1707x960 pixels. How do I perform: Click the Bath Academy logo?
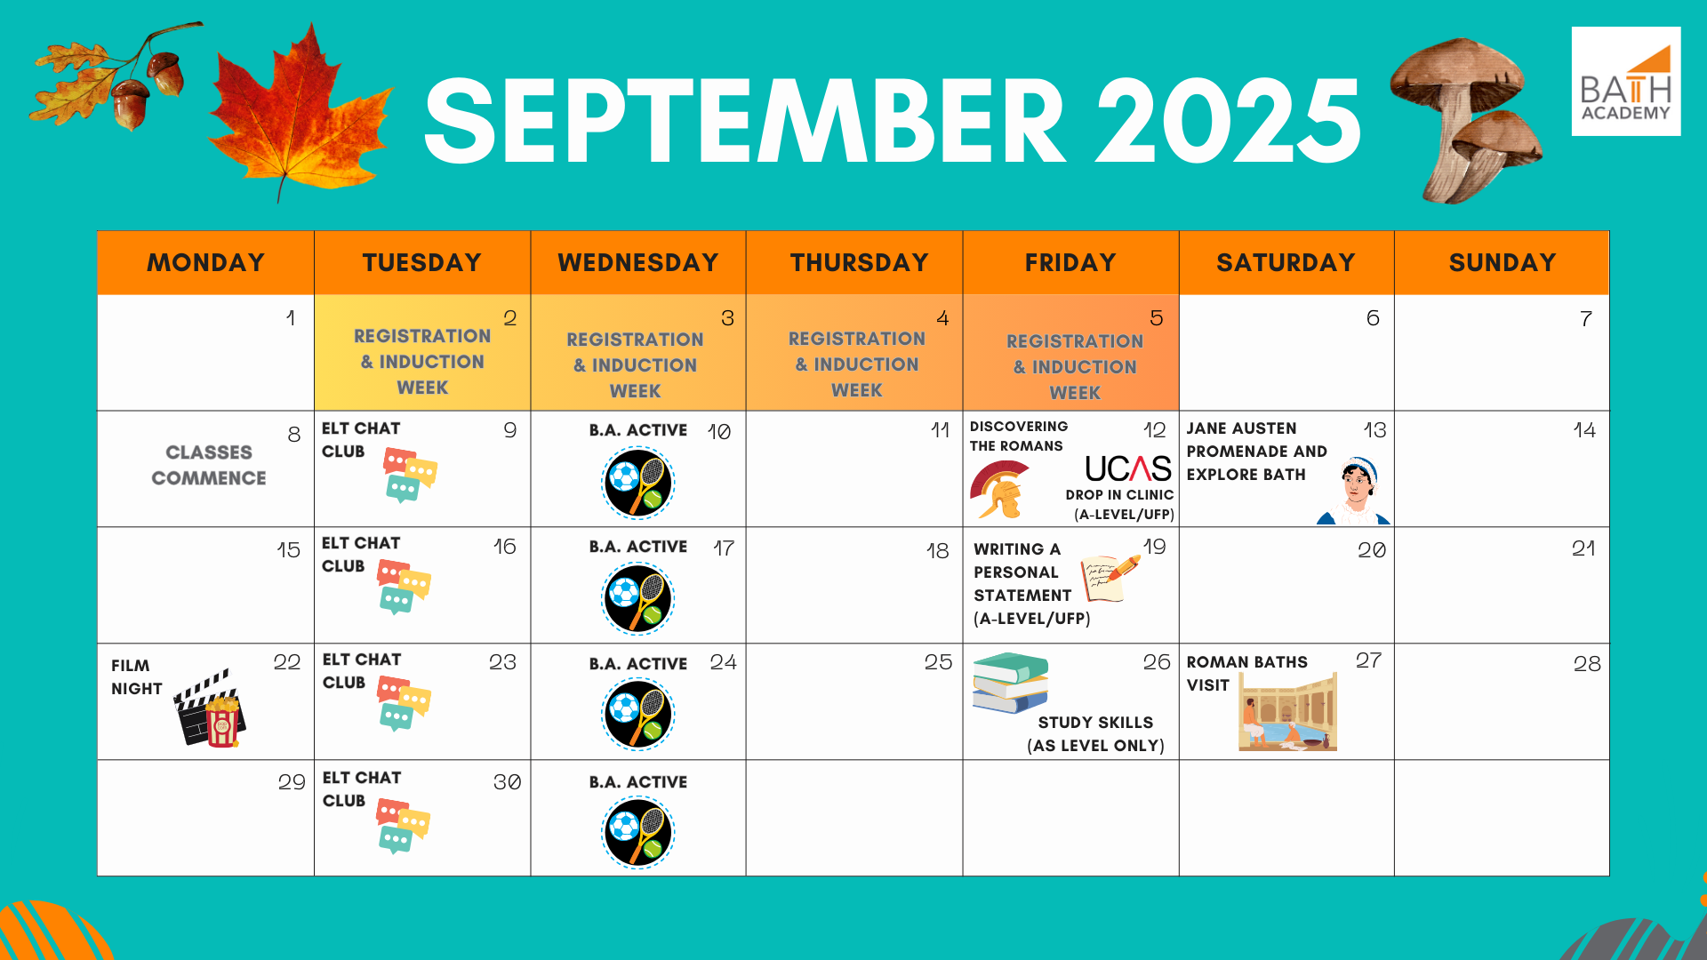(1626, 82)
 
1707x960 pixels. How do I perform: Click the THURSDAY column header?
(859, 263)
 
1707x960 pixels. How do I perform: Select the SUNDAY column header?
(1503, 263)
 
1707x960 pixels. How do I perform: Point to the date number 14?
(1584, 430)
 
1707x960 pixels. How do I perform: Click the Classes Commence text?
(209, 465)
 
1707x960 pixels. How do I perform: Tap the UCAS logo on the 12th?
(1128, 468)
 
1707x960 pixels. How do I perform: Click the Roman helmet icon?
(999, 490)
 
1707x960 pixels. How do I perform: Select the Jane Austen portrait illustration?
(1354, 492)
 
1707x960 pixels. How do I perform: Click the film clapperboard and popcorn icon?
(210, 708)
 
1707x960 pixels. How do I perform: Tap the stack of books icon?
(1011, 683)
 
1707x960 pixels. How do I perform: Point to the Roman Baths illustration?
(1288, 711)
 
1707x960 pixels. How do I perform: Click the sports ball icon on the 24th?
(638, 715)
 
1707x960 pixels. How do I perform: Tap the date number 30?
(507, 782)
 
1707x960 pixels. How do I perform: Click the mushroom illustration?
(1466, 120)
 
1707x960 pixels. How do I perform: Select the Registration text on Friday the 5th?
(1075, 341)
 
